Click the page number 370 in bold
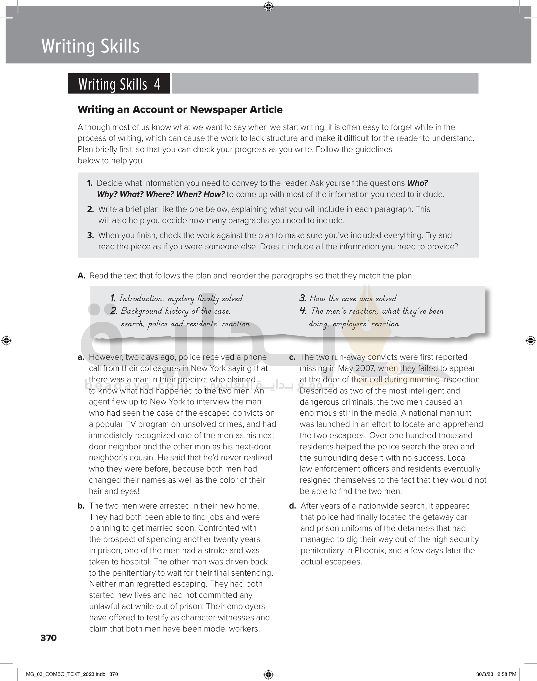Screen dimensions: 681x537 tap(49, 638)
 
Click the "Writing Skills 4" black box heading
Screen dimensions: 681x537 tap(119, 84)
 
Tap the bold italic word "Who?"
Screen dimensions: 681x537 tap(417, 183)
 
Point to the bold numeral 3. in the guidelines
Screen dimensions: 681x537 tap(90, 235)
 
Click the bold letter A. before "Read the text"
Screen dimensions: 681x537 tap(81, 276)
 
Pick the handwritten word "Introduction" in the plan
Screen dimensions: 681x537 tap(141, 298)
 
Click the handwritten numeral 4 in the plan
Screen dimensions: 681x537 tap(303, 311)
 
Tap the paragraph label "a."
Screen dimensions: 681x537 tap(81, 357)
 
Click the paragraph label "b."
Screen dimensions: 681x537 tap(81, 506)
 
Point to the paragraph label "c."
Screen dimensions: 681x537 tap(292, 357)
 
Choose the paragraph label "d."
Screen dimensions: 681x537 tap(292, 506)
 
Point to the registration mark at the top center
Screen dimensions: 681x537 tap(268, 6)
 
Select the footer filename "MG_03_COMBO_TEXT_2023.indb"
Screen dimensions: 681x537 tap(66, 674)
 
